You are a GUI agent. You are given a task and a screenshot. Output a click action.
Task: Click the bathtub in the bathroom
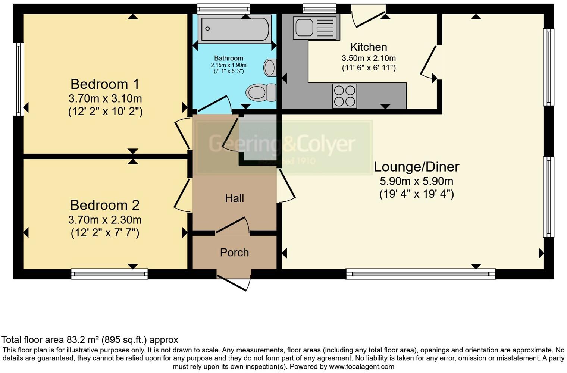(x=235, y=29)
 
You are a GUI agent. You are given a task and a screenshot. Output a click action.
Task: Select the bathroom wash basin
(x=270, y=68)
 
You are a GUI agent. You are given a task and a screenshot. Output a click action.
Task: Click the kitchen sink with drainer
(x=316, y=28)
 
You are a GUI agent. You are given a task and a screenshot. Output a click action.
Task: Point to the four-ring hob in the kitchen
(x=344, y=96)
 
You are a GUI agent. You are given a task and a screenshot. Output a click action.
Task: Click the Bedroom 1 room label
(x=105, y=84)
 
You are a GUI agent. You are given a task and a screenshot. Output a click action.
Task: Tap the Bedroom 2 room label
(x=105, y=205)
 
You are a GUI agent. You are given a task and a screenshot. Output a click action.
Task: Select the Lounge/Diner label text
(x=416, y=166)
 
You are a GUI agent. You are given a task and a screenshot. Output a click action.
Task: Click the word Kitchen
(x=369, y=47)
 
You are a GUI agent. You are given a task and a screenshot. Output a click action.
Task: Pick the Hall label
(x=234, y=198)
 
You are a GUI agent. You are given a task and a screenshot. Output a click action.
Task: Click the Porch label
(x=234, y=253)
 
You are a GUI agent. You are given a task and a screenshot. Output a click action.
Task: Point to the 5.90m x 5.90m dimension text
(x=416, y=181)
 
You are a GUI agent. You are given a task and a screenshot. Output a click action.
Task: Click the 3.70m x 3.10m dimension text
(x=105, y=98)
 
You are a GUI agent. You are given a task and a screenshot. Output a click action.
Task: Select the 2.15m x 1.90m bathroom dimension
(x=228, y=65)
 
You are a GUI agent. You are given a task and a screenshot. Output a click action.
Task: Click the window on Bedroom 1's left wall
(x=18, y=79)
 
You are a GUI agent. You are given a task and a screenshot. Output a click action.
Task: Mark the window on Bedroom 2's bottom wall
(x=109, y=274)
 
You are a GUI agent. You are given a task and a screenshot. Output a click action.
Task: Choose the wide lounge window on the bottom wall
(x=420, y=274)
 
